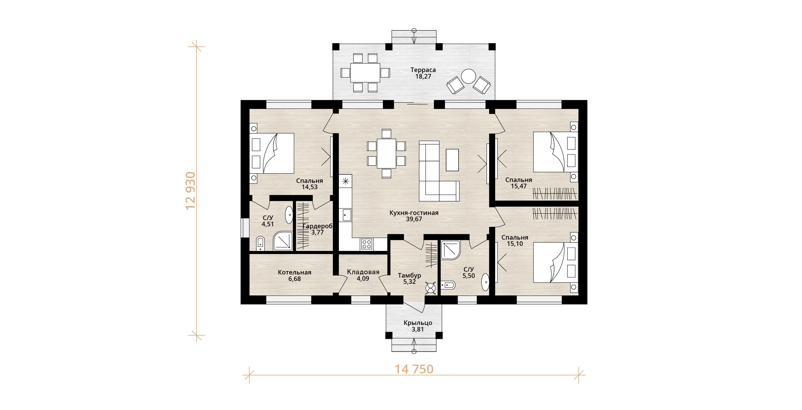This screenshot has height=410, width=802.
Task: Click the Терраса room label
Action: [423, 70]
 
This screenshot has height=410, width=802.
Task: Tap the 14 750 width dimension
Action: [414, 369]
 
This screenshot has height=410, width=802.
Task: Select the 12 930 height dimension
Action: [191, 191]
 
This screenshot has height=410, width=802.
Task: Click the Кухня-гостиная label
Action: [414, 213]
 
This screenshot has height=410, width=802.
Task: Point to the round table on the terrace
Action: [468, 76]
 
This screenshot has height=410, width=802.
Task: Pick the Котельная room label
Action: [295, 272]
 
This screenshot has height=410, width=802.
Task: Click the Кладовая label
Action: [363, 272]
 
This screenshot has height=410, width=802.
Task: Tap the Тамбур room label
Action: [410, 276]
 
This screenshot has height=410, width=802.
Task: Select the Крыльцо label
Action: [418, 323]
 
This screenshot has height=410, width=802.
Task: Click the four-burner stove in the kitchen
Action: [367, 244]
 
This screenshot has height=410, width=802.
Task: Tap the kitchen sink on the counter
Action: [347, 215]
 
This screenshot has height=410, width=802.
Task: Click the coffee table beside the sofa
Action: [452, 160]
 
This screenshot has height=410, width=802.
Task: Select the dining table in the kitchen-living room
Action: [386, 153]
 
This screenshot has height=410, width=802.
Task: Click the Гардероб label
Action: [318, 226]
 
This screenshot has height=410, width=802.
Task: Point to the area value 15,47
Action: [519, 186]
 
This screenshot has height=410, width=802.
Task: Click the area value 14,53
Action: [309, 187]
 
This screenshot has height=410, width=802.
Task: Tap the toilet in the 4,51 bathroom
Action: [260, 244]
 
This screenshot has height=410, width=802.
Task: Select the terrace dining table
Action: [365, 73]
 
